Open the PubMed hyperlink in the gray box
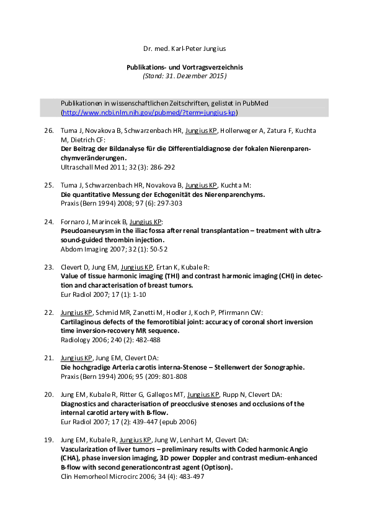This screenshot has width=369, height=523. pyautogui.click(x=149, y=112)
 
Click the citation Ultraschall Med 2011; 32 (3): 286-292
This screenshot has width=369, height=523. pyautogui.click(x=117, y=168)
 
